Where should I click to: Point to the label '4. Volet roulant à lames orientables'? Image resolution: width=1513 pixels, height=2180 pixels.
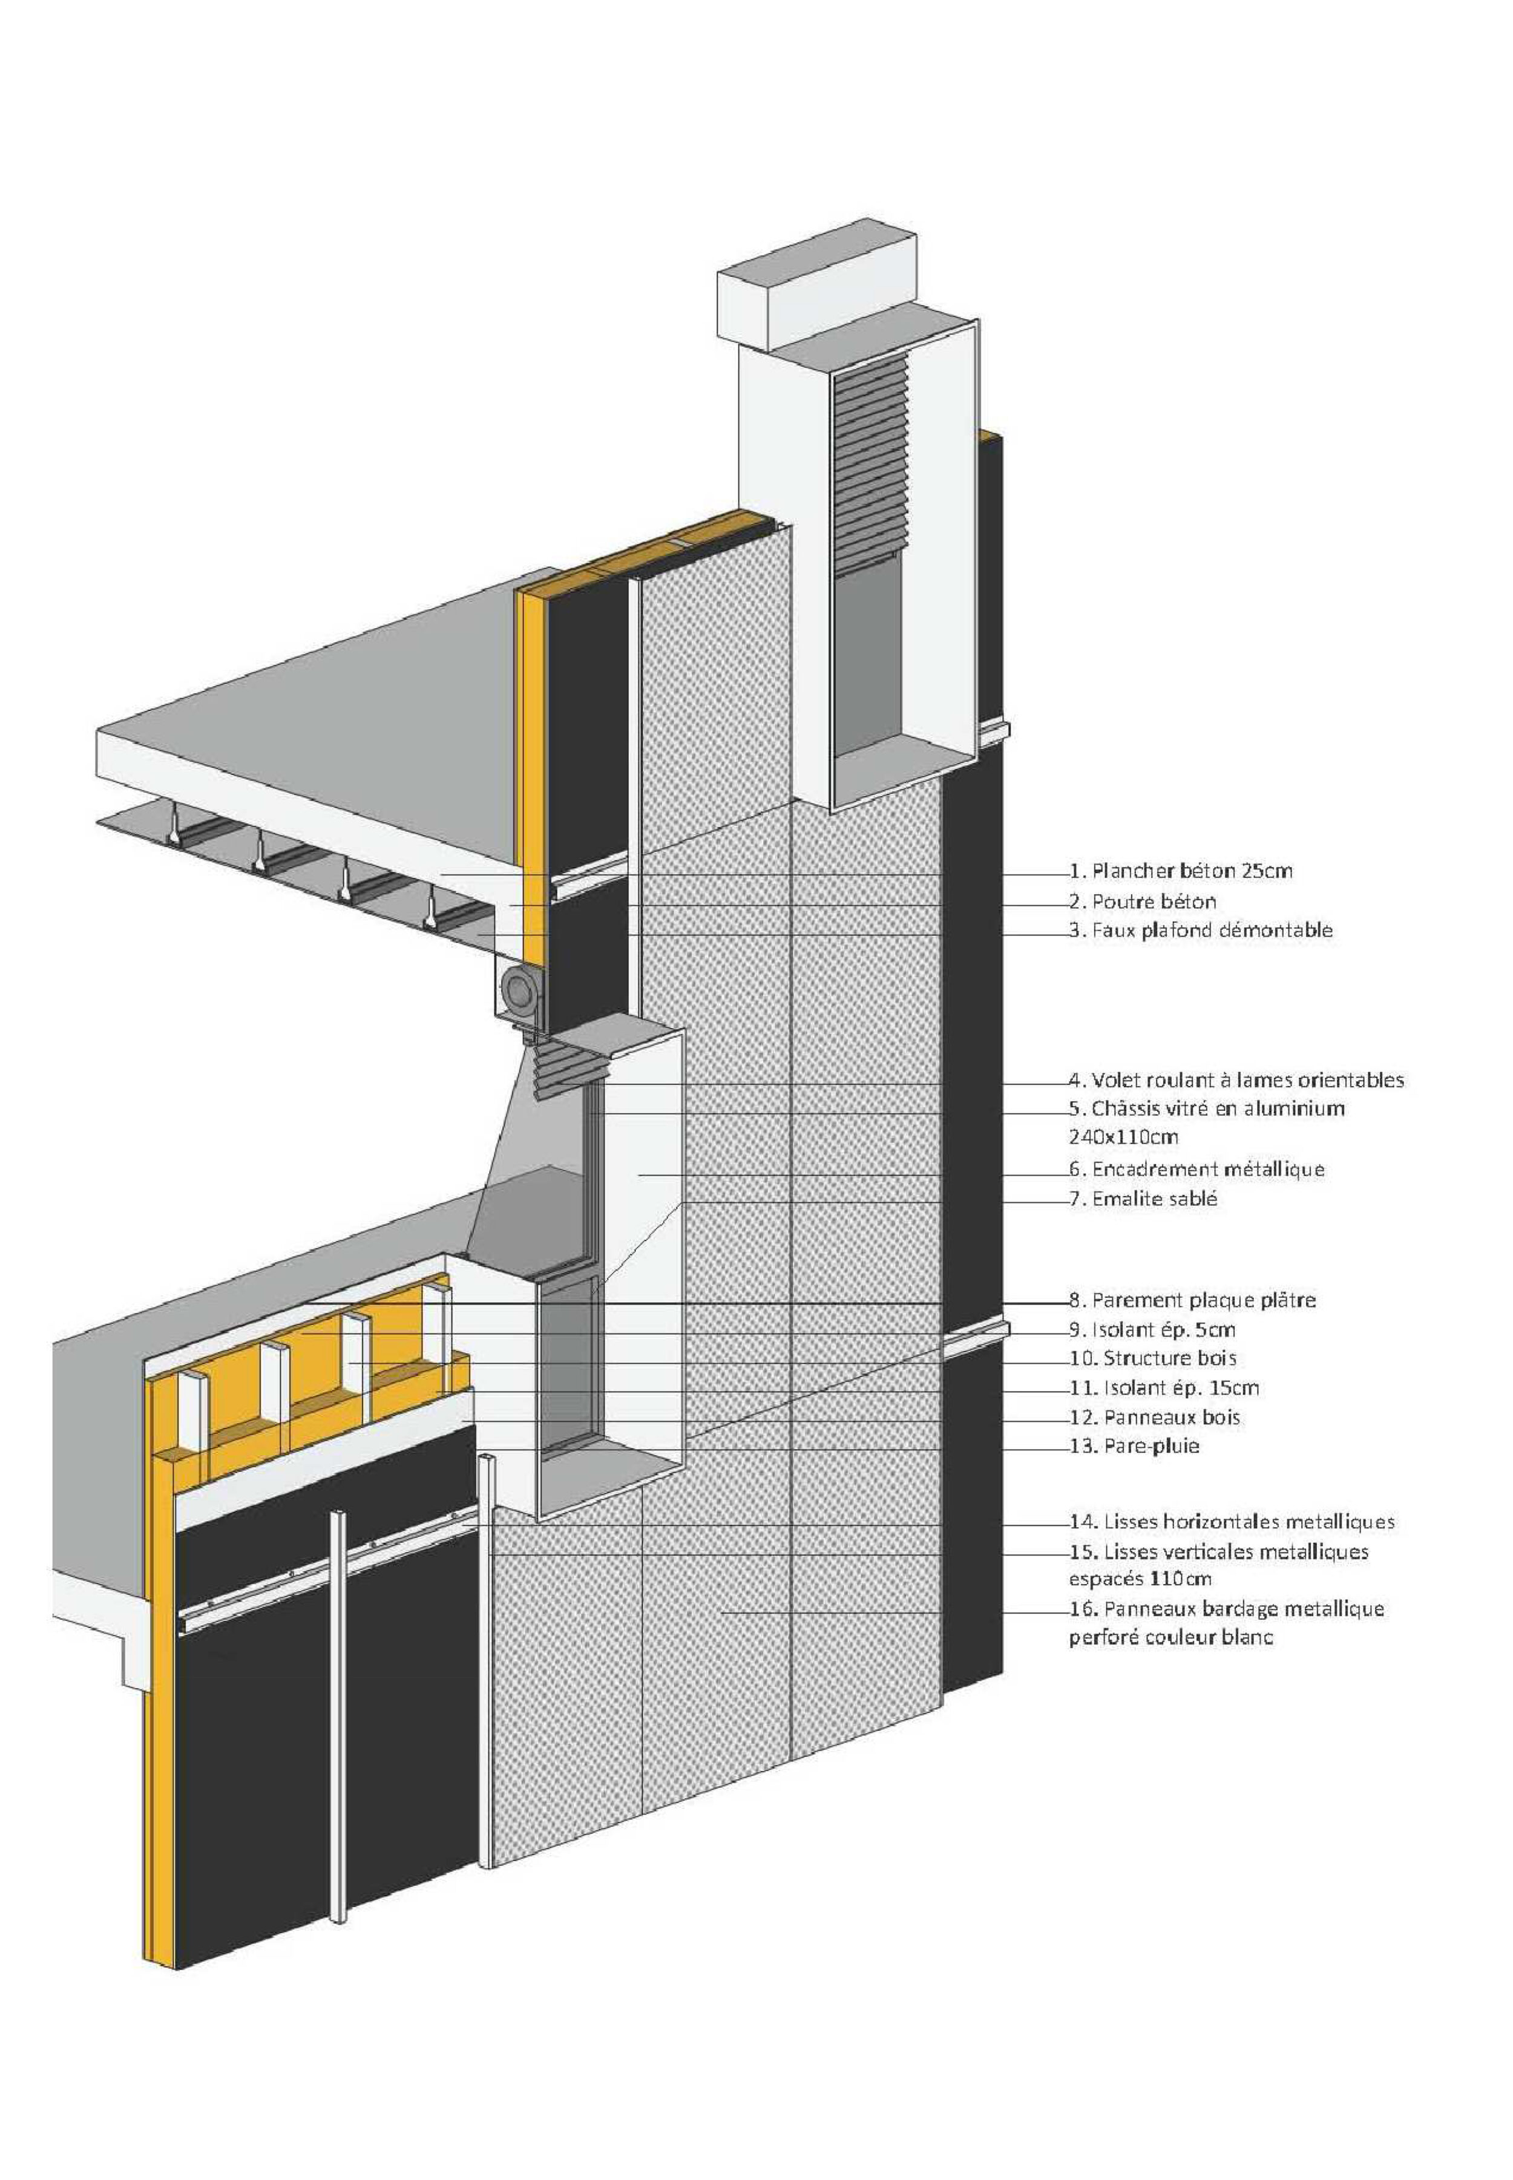tap(1236, 1079)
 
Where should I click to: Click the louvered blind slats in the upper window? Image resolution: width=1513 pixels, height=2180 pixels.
tap(870, 465)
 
